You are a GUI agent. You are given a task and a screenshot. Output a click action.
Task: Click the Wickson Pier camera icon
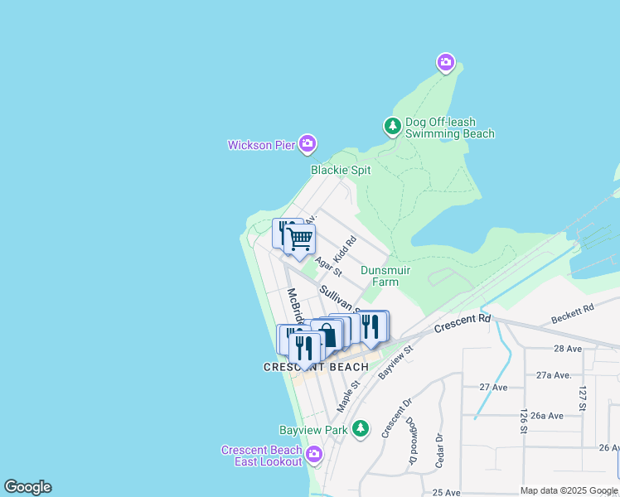pyautogui.click(x=308, y=144)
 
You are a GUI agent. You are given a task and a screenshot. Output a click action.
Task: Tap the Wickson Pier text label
pyautogui.click(x=262, y=145)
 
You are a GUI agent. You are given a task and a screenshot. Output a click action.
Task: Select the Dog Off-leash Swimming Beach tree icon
pyautogui.click(x=392, y=127)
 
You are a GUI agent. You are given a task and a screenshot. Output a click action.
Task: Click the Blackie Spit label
pyautogui.click(x=341, y=170)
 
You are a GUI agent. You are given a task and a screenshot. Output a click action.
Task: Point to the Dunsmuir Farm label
pyautogui.click(x=380, y=276)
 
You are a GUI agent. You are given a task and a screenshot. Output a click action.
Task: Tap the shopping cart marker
pyautogui.click(x=300, y=239)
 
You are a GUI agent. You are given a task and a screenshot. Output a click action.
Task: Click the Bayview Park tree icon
pyautogui.click(x=360, y=428)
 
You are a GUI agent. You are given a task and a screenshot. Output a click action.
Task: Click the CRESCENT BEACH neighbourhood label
pyautogui.click(x=316, y=367)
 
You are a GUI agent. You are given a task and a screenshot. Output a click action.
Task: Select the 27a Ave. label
pyautogui.click(x=554, y=374)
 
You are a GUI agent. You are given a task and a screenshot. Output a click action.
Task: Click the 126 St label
pyautogui.click(x=524, y=421)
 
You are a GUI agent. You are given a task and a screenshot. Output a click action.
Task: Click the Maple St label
pyautogui.click(x=349, y=396)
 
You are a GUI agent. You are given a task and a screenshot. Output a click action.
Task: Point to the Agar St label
pyautogui.click(x=328, y=266)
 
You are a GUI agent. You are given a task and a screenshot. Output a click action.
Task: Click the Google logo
pyautogui.click(x=27, y=487)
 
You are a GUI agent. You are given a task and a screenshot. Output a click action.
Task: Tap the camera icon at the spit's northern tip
pyautogui.click(x=446, y=62)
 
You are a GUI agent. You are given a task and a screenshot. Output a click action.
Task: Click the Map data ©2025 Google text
pyautogui.click(x=569, y=490)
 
